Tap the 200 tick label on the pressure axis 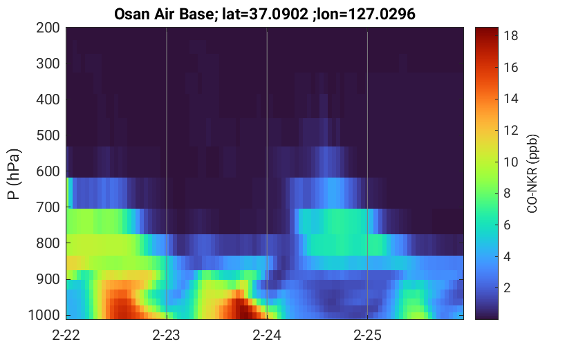click(48, 28)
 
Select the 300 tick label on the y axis click(48, 64)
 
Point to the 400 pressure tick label click(48, 100)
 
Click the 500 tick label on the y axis click(48, 135)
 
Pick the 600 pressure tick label click(48, 171)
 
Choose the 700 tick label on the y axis click(48, 207)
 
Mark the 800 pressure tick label click(48, 243)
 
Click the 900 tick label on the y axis click(48, 279)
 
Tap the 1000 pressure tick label click(44, 315)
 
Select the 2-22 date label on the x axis click(66, 335)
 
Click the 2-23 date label click(167, 335)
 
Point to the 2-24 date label click(267, 335)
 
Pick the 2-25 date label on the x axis click(367, 335)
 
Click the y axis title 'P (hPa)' click(14, 174)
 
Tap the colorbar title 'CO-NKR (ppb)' click(532, 173)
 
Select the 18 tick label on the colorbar click(510, 36)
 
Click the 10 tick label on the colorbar click(510, 162)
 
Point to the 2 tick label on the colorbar click(507, 288)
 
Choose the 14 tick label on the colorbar click(510, 99)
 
